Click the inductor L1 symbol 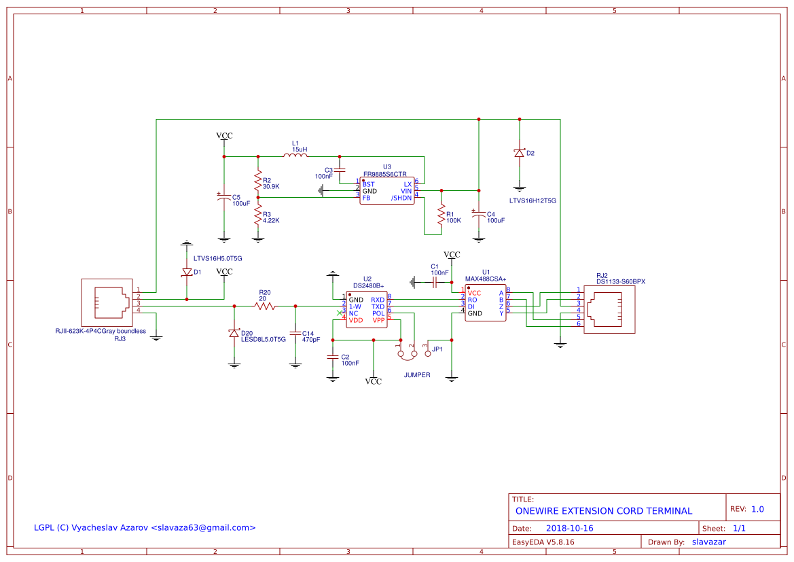point(295,156)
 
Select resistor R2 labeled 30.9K point(257,181)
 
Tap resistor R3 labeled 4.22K point(257,216)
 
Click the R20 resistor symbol point(265,306)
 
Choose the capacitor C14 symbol point(295,333)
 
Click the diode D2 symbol point(520,154)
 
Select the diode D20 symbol point(234,333)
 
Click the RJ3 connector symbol point(106,302)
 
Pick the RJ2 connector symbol point(610,309)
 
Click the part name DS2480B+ point(368,286)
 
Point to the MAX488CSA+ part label point(486,279)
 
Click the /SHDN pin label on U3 point(401,198)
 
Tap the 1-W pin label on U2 point(355,306)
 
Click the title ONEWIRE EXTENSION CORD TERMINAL point(604,511)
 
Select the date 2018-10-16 point(569,528)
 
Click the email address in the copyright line point(203,527)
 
